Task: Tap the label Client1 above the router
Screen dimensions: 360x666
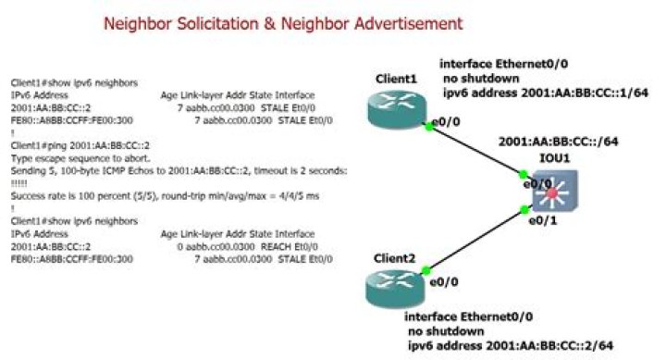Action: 396,80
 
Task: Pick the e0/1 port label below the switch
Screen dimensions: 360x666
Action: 543,222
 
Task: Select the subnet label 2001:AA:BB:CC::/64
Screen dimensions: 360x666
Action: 558,143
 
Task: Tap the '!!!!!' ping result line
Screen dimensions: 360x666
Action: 18,183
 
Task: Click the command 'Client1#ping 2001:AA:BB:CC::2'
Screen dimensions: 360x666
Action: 70,146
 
